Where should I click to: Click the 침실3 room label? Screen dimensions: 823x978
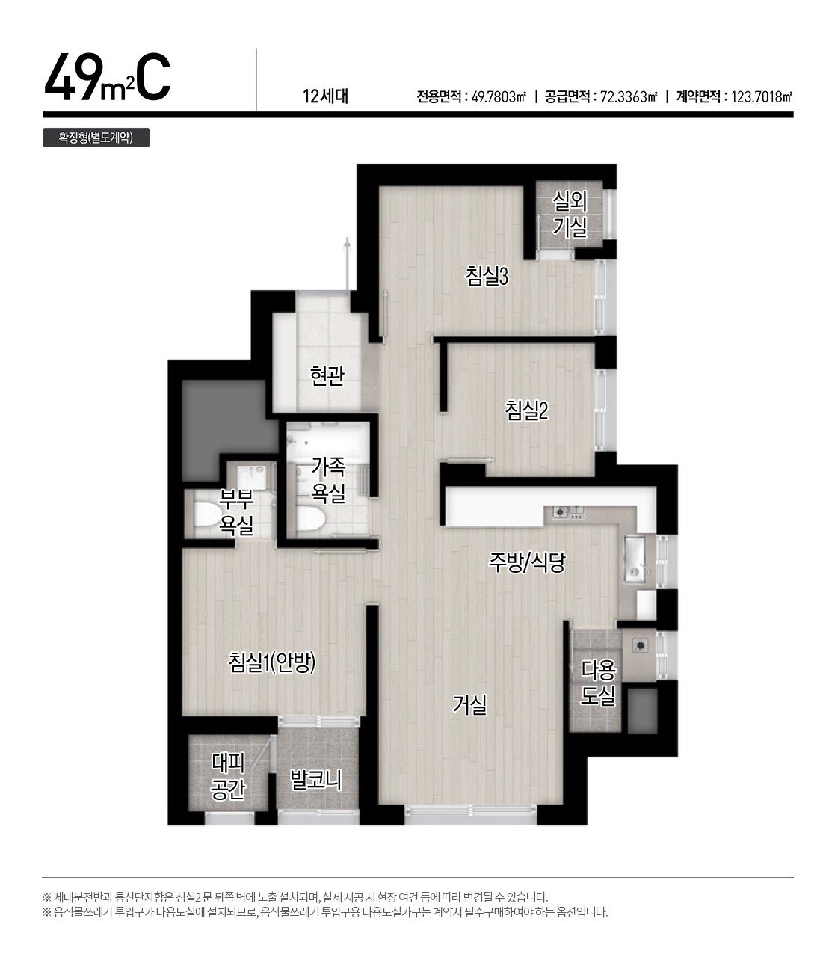[x=486, y=277]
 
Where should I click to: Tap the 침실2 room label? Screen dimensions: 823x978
[x=526, y=410]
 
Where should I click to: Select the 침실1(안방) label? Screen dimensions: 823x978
[x=271, y=662]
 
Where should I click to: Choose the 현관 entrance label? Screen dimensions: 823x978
[x=327, y=375]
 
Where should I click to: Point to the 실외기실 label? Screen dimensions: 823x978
[x=570, y=214]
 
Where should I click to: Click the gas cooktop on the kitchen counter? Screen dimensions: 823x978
[x=569, y=512]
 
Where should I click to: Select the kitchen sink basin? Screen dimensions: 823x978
[x=635, y=559]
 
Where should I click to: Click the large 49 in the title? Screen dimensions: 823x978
[x=73, y=79]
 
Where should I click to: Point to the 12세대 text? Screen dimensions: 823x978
[x=326, y=96]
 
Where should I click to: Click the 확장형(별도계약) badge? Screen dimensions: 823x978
[x=96, y=138]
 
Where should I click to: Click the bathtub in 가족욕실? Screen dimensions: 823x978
[x=328, y=440]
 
